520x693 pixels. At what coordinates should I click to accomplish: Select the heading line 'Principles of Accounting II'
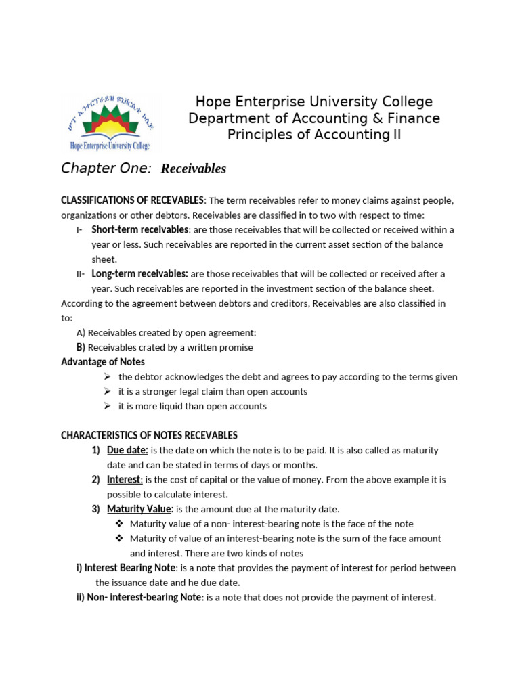[x=313, y=135]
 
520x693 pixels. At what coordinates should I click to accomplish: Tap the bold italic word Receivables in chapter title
[x=193, y=169]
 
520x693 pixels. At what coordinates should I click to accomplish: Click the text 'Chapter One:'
[x=106, y=168]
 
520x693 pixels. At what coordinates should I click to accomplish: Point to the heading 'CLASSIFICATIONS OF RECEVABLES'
[x=132, y=200]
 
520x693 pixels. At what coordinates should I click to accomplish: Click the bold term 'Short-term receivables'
[x=140, y=229]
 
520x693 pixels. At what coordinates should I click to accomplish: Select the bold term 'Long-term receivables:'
[x=140, y=274]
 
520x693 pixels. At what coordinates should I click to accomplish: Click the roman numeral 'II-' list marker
[x=81, y=274]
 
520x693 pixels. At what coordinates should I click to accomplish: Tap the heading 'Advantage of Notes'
[x=103, y=362]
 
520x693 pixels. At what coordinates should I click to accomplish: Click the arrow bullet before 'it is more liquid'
[x=108, y=406]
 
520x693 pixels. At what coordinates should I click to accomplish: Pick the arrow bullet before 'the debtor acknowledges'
[x=108, y=377]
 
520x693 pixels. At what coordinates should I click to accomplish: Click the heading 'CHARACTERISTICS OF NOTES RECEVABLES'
[x=149, y=435]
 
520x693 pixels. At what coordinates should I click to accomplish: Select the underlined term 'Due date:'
[x=127, y=450]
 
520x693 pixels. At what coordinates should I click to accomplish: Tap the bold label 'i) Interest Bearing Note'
[x=126, y=568]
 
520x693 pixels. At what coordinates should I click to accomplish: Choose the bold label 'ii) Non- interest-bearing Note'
[x=139, y=597]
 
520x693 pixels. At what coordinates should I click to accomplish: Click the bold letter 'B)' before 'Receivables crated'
[x=81, y=347]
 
